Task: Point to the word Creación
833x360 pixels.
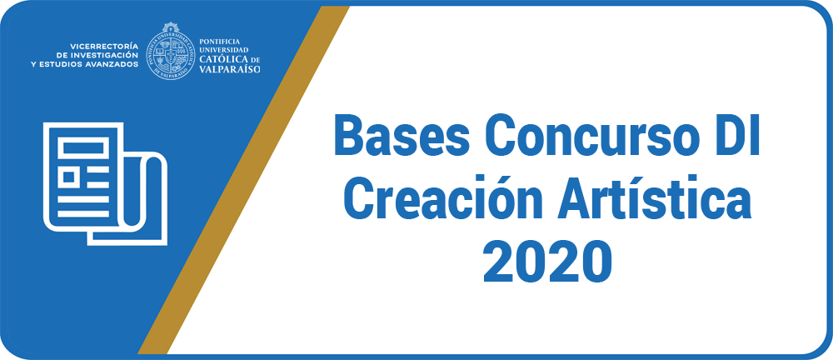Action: (443, 198)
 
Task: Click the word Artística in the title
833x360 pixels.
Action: (656, 198)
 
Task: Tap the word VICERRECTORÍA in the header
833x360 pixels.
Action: (104, 46)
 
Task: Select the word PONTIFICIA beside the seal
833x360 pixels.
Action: (219, 41)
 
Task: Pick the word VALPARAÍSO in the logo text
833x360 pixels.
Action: (230, 68)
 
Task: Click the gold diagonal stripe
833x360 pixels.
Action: (244, 180)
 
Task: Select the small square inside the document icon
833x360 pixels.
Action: (68, 177)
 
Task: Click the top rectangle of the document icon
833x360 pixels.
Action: (86, 146)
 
